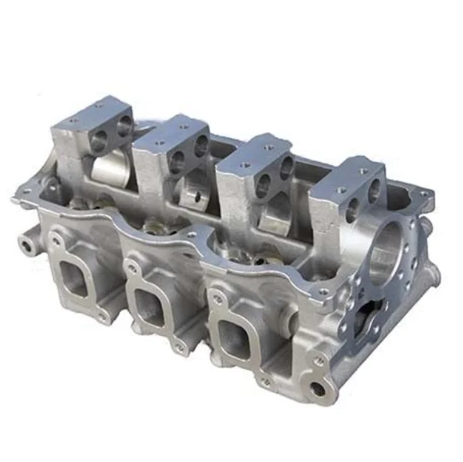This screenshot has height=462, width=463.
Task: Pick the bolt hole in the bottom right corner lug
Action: [318, 389]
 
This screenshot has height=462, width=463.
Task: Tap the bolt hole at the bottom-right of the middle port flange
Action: [179, 348]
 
